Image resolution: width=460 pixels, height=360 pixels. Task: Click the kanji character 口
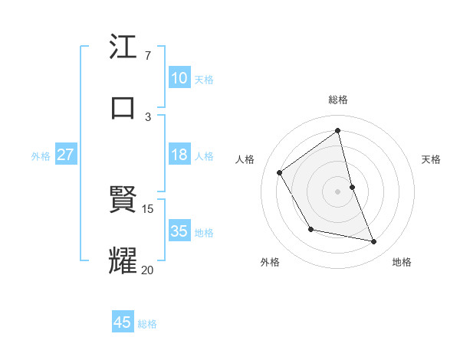[123, 107]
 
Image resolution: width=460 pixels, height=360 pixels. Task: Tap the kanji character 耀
[123, 260]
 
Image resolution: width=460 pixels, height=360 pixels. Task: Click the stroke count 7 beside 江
[147, 56]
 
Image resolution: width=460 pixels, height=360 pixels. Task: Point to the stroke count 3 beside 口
[148, 116]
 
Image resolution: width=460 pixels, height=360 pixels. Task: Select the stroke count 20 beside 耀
[148, 269]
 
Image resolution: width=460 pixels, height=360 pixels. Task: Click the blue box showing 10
[179, 78]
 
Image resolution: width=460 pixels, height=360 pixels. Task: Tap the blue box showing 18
[179, 155]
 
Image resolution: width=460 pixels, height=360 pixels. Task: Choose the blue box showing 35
[179, 231]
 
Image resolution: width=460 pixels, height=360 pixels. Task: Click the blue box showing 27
[65, 155]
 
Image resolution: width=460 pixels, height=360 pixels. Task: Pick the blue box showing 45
[123, 322]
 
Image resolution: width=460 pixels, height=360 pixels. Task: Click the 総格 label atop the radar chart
[338, 100]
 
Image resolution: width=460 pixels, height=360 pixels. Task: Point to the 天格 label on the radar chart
[431, 159]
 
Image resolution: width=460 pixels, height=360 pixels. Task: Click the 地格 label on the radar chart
[402, 262]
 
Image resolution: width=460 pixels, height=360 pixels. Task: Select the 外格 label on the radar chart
[270, 262]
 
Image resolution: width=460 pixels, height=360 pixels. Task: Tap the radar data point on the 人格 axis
[280, 172]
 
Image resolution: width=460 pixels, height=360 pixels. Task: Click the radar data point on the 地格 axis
[374, 242]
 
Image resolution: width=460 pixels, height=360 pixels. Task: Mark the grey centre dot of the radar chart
[338, 191]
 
